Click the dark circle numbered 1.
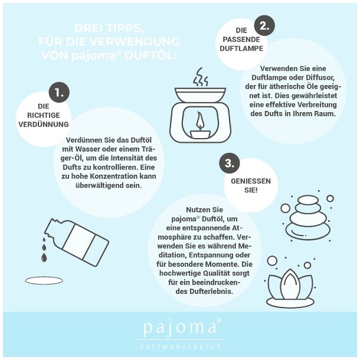point(59,92)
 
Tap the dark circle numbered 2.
point(264,25)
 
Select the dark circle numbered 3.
point(229,163)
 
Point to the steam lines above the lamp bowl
point(201,77)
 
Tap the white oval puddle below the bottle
point(44,280)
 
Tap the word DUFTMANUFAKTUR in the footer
point(180,347)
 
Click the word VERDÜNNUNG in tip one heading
point(44,125)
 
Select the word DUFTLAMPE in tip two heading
point(241,48)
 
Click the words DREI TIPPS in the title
point(109,28)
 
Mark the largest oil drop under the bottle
point(44,257)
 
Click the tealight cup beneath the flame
point(200,134)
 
